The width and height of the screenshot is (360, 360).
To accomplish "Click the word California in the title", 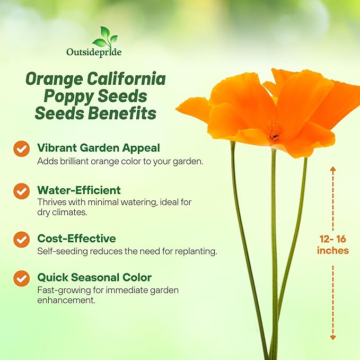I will [126, 80].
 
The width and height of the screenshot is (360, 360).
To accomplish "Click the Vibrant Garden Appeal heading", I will [98, 148].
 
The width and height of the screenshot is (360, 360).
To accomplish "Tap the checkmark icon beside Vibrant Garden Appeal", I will [22, 148].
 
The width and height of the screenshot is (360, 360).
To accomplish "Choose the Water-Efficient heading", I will [78, 190].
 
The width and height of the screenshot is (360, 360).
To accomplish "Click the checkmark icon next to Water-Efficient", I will [22, 191].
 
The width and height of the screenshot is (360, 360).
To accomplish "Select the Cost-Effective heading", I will [76, 238].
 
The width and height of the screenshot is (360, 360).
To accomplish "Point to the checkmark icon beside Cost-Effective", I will [22, 239].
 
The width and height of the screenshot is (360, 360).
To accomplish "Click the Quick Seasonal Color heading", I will [94, 277].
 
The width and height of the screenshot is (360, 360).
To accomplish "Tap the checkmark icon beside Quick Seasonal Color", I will [22, 278].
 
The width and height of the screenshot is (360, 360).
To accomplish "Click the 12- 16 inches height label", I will [333, 244].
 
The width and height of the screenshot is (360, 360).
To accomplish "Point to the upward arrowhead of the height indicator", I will [333, 169].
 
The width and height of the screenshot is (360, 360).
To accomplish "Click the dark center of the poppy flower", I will [275, 135].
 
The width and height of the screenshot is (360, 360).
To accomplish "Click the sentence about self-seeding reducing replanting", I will [127, 251].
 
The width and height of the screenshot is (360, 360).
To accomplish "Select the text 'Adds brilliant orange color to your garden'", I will [120, 161].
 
